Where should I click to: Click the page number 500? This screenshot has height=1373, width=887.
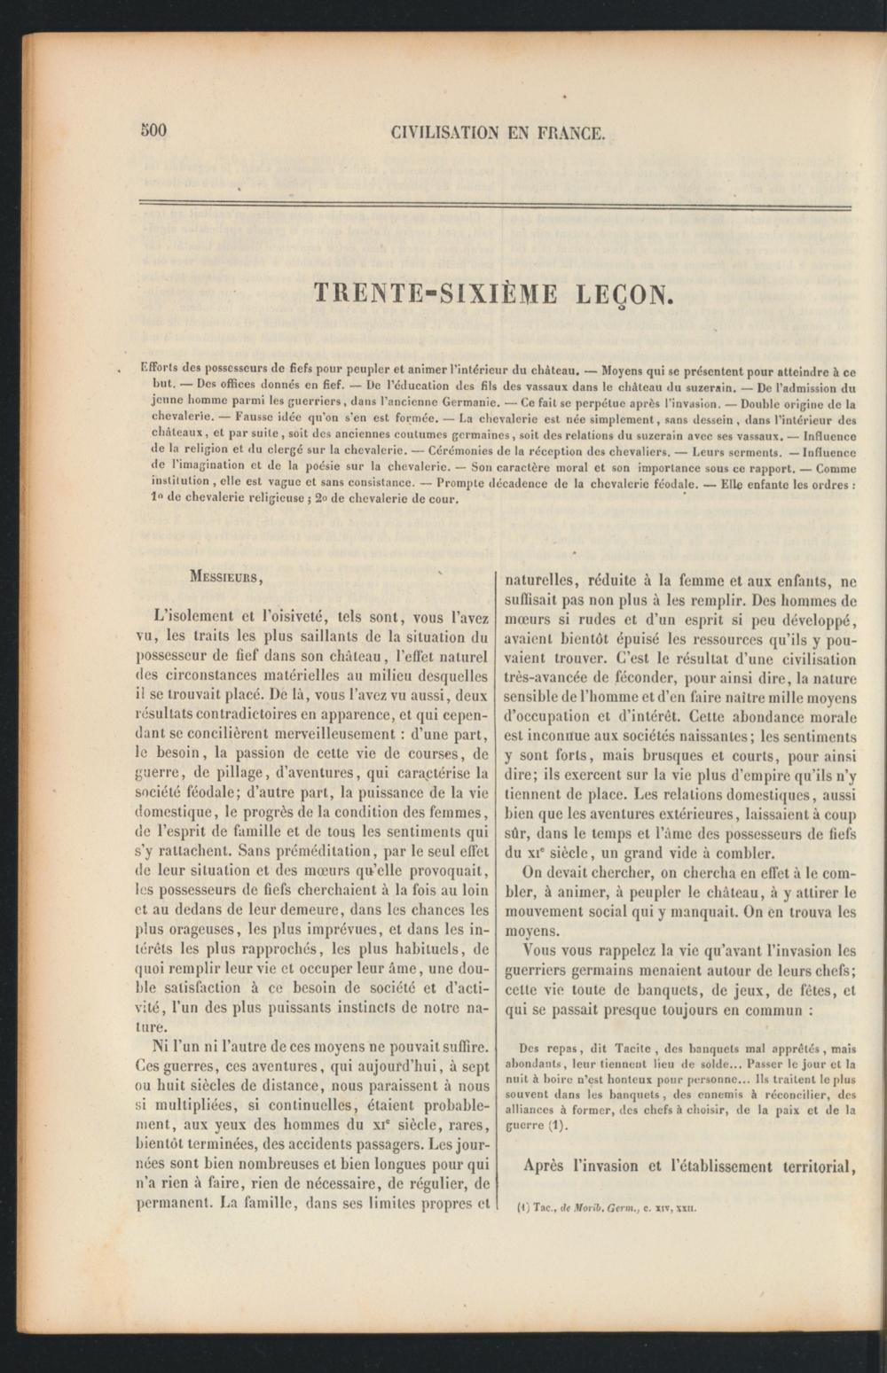pos(153,131)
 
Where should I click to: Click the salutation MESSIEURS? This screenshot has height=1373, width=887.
pos(224,577)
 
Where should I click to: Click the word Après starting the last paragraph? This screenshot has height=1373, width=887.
pos(545,1166)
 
